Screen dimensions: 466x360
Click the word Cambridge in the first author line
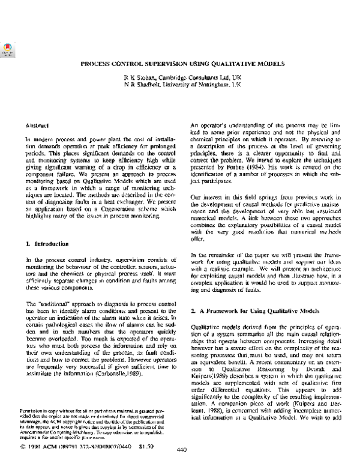(196, 78)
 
